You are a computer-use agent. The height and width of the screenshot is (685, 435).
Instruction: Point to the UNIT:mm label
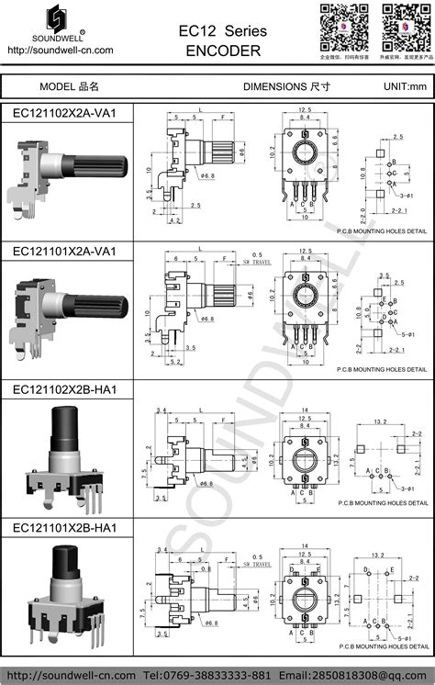point(405,86)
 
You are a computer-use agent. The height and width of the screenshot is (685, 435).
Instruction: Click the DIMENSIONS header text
point(285,86)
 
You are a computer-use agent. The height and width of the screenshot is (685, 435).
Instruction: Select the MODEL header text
point(69,86)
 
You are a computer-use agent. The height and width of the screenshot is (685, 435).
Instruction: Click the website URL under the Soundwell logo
point(60,51)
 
